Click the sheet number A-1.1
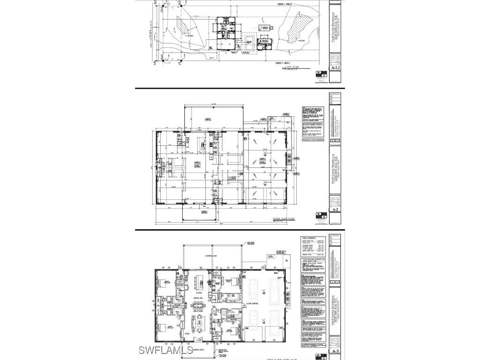[x=335, y=68]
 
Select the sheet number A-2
[x=335, y=210]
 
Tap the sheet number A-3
[x=335, y=351]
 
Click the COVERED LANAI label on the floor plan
[x=211, y=256]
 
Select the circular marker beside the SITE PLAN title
[x=285, y=68]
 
